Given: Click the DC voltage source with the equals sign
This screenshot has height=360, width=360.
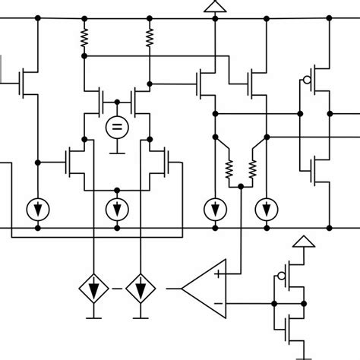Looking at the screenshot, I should (116, 127).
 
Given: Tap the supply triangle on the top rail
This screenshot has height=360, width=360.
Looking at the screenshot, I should (213, 8).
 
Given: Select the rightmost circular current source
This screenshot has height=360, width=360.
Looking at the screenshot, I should (266, 208).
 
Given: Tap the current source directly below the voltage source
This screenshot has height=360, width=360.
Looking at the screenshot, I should (116, 208).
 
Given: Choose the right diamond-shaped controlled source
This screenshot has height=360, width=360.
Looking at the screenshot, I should (140, 289).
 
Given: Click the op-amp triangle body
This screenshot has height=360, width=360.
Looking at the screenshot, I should (205, 289).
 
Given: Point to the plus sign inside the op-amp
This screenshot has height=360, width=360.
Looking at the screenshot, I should (219, 273).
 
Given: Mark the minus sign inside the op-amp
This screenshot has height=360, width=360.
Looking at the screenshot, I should (219, 305).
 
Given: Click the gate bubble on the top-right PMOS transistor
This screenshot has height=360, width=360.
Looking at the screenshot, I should (306, 79).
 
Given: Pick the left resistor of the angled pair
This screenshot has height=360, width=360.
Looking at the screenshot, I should (228, 169).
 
